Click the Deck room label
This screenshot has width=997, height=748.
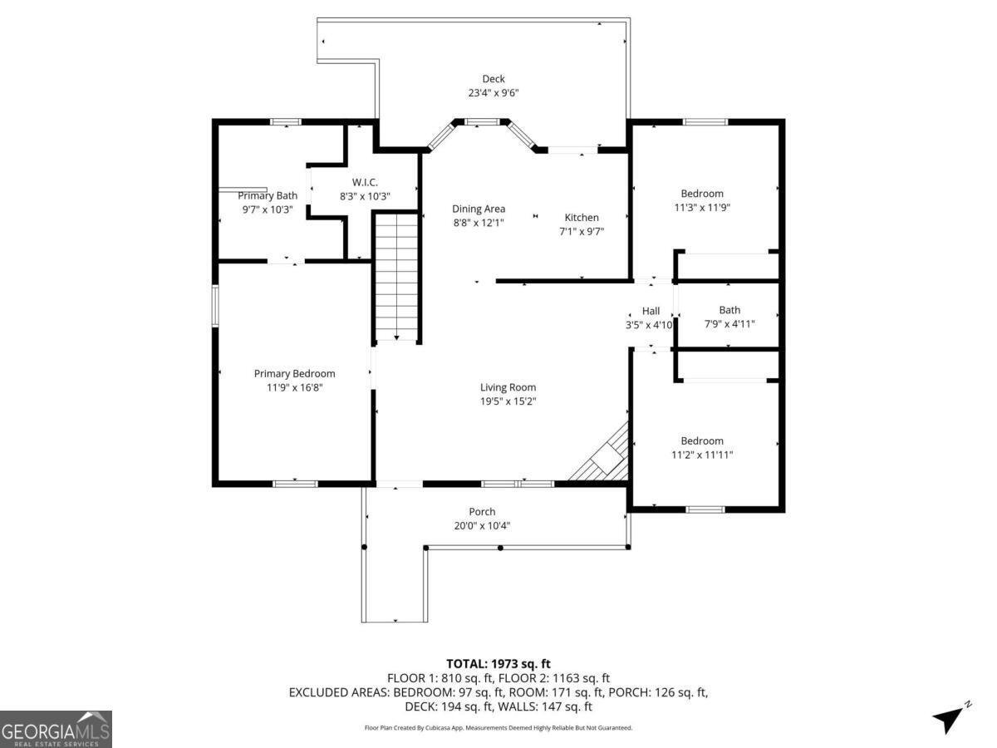point(494,79)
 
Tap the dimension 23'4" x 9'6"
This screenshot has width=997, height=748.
point(494,93)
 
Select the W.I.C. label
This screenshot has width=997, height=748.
point(365,182)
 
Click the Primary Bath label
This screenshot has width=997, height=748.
point(267,195)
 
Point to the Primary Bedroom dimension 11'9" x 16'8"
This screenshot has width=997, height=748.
point(294,387)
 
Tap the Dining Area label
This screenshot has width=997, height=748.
point(479,209)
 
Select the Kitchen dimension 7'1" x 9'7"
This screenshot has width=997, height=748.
point(582,232)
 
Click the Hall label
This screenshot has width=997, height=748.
point(651,311)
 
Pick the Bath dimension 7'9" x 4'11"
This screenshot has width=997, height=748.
point(729,324)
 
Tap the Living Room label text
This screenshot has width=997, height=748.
point(508,387)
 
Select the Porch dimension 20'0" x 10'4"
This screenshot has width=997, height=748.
point(482,525)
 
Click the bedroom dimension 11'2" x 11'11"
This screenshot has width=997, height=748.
point(702,455)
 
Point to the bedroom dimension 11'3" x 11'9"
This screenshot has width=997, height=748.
point(702,208)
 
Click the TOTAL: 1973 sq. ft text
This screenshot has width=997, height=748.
point(498,663)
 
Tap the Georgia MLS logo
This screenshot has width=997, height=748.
point(56,729)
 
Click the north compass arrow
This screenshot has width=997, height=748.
point(949,718)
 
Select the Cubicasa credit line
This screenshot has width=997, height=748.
point(498,727)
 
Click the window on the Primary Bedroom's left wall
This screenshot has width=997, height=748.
point(214,305)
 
